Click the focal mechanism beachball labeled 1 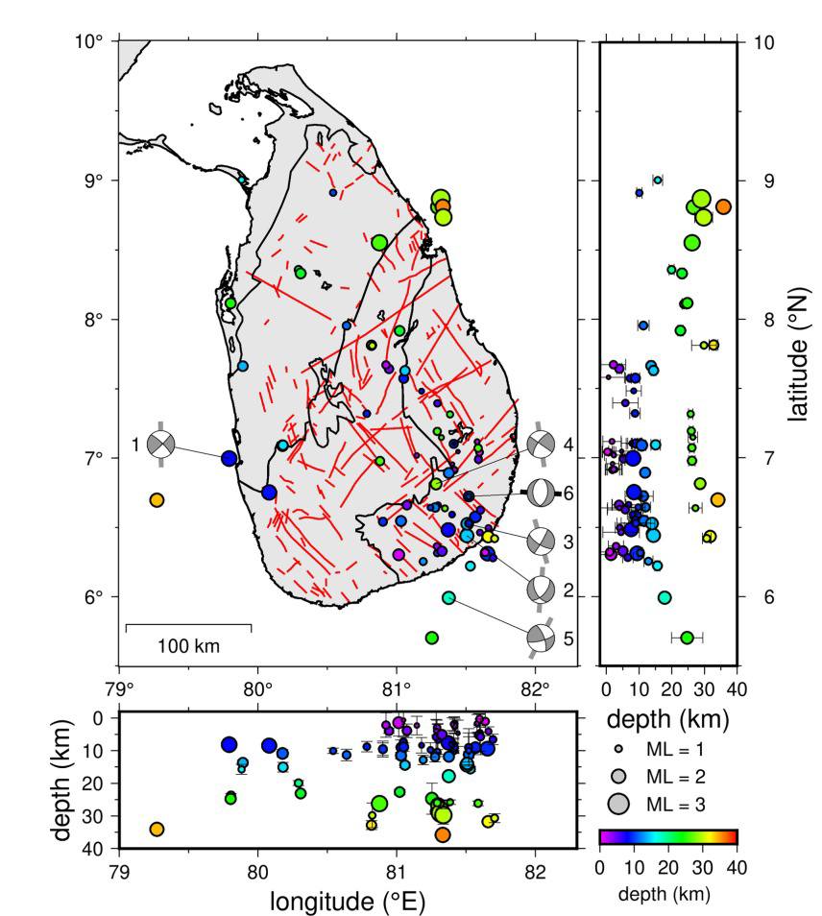click(161, 444)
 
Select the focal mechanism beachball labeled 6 click(541, 492)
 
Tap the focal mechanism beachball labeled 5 click(541, 636)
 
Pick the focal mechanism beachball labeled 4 click(541, 444)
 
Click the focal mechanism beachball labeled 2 click(541, 588)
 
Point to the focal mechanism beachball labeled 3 click(541, 541)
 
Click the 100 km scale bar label click(188, 645)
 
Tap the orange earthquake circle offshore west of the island click(157, 499)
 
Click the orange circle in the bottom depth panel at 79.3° click(157, 829)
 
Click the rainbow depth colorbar click(667, 836)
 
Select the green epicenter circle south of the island click(432, 638)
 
